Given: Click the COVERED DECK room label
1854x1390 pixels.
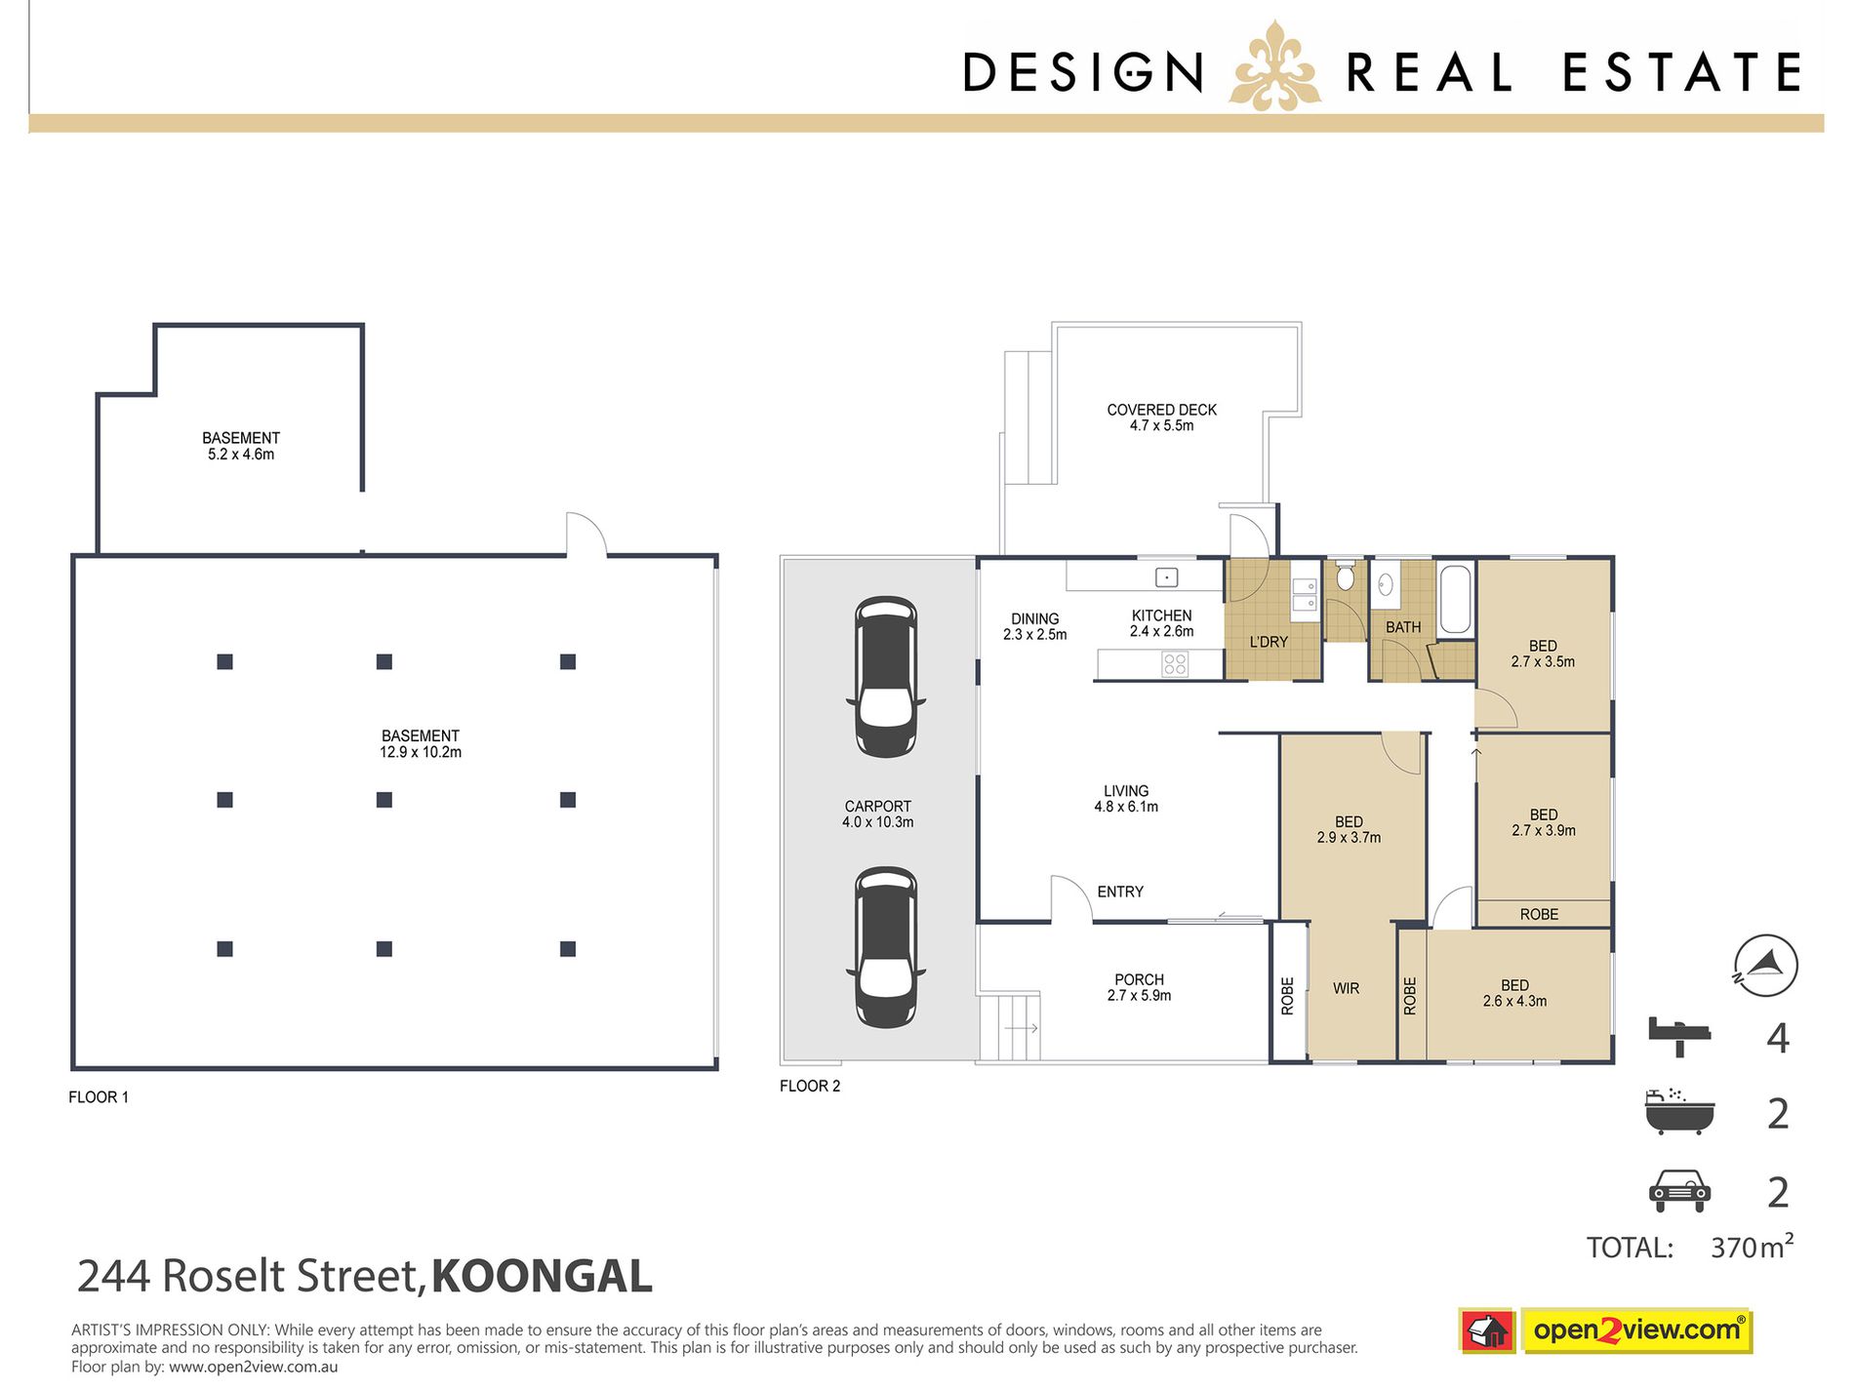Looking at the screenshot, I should pos(1161,411).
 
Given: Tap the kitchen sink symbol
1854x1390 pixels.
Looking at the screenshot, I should pos(1166,577).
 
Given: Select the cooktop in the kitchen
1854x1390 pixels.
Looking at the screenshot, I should pos(1175,664).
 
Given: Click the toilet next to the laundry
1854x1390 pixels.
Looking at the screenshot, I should pos(1346,576).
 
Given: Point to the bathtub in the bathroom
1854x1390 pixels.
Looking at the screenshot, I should pos(1455,598).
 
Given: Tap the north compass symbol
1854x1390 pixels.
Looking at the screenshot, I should pos(1765,966).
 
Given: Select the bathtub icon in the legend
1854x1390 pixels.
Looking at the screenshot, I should pos(1679,1112).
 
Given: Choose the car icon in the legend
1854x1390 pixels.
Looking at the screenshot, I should pos(1679,1191).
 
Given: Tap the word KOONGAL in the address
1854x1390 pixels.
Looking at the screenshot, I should pos(542,1276).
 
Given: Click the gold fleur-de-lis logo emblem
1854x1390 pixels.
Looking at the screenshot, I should pos(1274,66).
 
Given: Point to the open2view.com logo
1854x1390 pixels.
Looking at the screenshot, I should pos(1635,1330).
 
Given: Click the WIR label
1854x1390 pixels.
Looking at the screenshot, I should pos(1346,988).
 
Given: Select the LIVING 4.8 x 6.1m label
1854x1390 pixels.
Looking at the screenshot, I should pos(1126,799).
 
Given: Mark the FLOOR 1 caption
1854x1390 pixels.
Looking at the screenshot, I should pos(99,1097).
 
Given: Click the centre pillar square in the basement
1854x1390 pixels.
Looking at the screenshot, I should pos(384,800).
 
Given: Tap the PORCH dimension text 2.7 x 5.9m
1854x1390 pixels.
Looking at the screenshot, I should pos(1139,996).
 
